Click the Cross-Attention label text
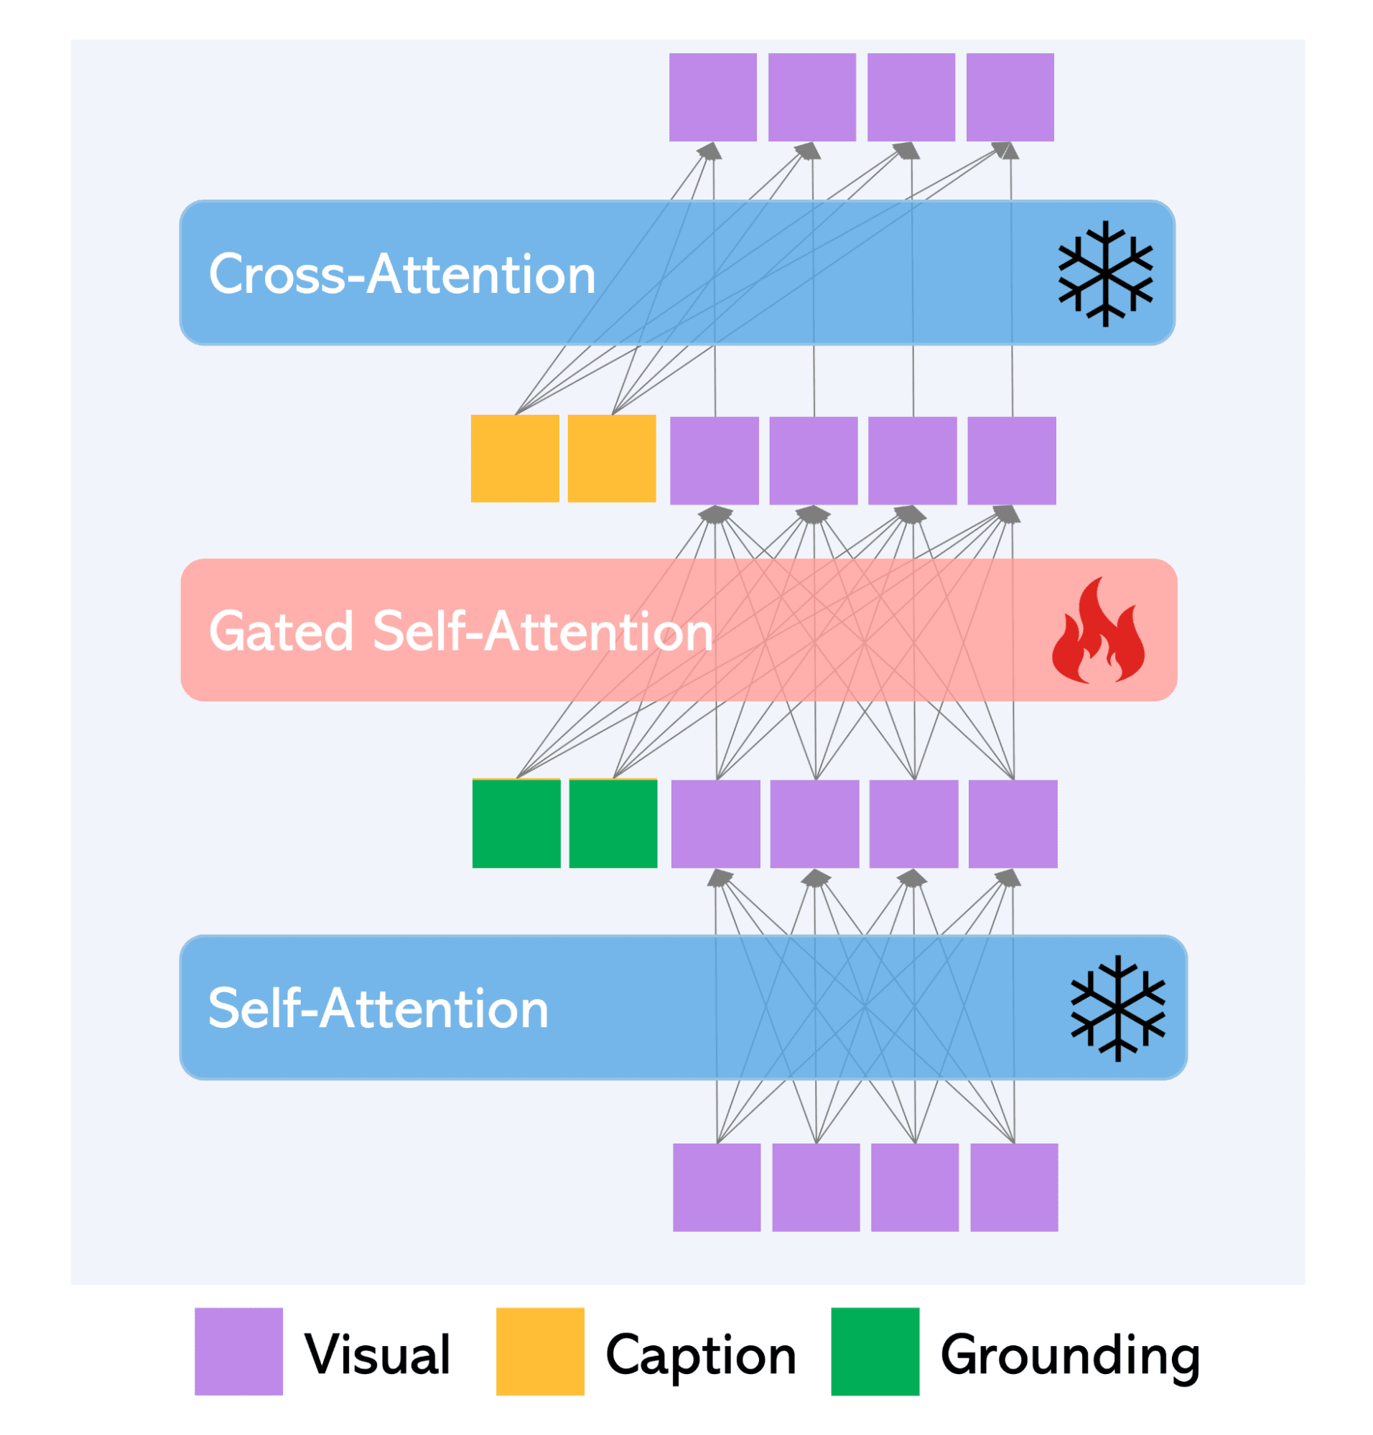402,274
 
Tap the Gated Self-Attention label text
461,631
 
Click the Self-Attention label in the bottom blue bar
378,1009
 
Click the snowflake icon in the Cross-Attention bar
1105,273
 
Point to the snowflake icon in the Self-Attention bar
1117,1008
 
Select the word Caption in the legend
700,1355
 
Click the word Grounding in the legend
1070,1355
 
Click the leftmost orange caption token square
514,458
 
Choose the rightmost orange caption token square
612,458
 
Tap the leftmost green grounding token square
516,823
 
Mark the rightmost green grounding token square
613,823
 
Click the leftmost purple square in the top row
713,97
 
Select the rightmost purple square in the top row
1010,97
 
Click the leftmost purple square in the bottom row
717,1187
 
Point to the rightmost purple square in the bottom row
1014,1187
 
